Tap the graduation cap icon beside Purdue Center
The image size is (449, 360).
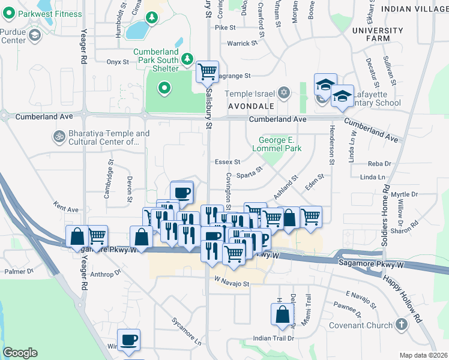(x=34, y=37)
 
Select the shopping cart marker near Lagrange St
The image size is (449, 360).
(x=208, y=73)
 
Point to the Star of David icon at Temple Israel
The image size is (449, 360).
(x=284, y=94)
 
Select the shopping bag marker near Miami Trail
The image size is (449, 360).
(x=282, y=314)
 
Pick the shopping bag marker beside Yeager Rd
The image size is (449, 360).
(x=78, y=237)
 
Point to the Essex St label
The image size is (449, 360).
(x=228, y=162)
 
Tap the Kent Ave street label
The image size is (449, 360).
(x=66, y=209)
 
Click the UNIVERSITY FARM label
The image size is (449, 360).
(x=378, y=34)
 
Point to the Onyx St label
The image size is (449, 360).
(x=118, y=62)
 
